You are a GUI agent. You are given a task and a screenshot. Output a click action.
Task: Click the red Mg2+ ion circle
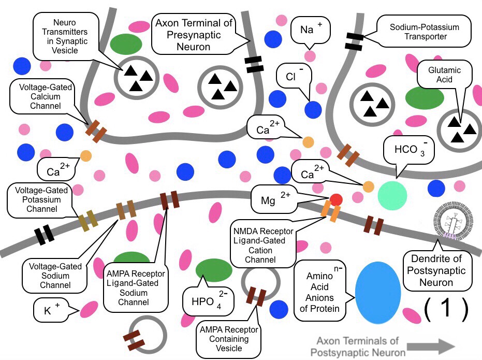(335, 199)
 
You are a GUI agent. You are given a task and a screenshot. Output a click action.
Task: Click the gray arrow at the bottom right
(431, 346)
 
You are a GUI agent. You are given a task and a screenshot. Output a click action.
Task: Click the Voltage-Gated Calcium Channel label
(42, 94)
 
